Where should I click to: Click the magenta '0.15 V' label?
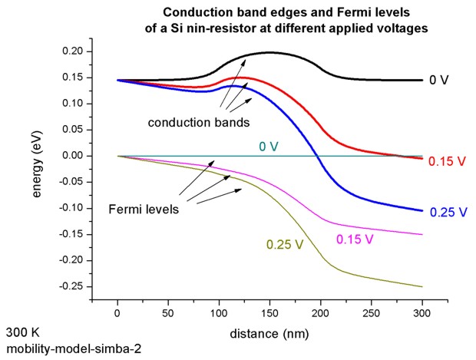click(x=355, y=239)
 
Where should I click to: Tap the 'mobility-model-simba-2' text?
click(x=73, y=349)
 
